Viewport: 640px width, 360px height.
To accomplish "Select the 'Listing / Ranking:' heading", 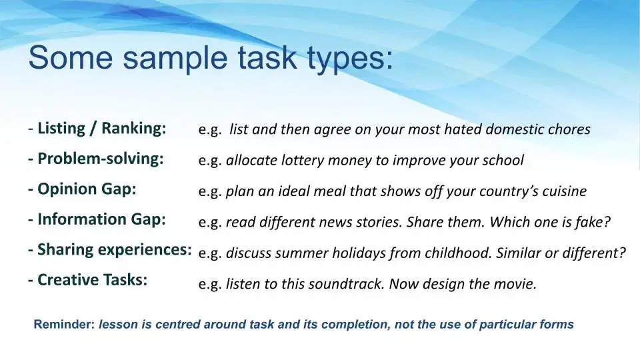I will pos(101,128).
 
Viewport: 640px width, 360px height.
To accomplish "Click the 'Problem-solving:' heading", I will pos(100,159).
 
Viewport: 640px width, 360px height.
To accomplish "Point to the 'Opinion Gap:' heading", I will pos(87,189).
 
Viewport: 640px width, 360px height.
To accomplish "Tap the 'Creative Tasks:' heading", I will pos(92,280).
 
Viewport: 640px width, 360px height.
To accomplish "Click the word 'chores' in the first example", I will pos(569,129).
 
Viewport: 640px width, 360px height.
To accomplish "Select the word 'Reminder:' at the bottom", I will pos(64,325).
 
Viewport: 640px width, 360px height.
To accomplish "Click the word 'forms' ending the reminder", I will pos(558,325).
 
